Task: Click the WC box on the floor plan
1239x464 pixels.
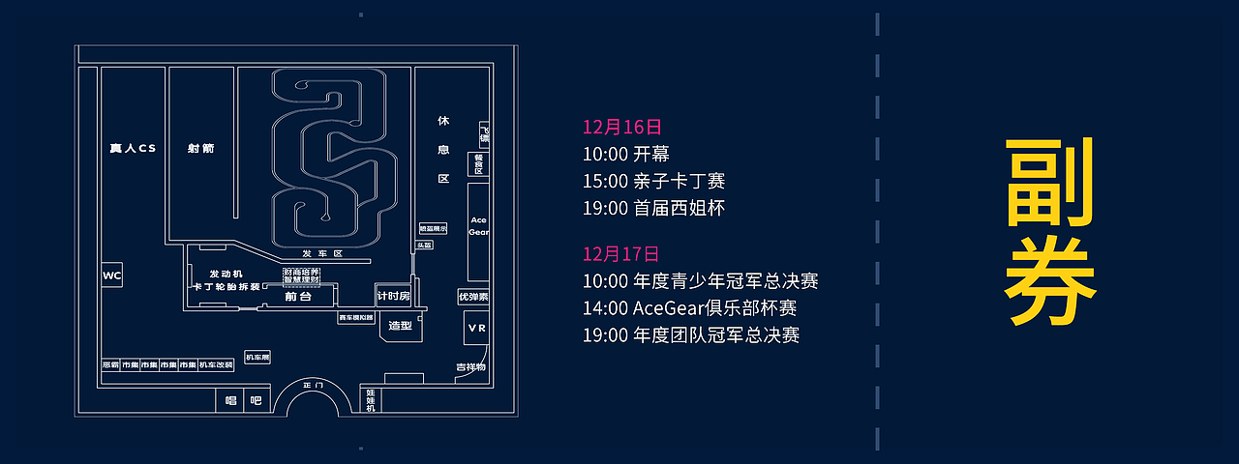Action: pos(112,276)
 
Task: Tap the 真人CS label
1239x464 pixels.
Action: pos(133,149)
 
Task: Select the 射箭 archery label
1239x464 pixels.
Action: pos(201,149)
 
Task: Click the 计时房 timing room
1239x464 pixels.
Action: pos(393,295)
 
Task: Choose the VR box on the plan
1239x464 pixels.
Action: pos(476,329)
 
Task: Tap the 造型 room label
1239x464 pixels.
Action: pos(400,326)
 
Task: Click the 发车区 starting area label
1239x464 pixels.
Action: pos(322,253)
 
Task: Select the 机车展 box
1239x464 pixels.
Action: pos(257,358)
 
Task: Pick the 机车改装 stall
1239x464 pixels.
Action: pos(217,365)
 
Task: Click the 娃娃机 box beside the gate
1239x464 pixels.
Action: pos(371,400)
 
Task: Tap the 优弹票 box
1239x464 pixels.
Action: pos(473,297)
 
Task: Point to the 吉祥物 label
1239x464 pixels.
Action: pos(471,367)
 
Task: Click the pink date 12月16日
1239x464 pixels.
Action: pos(622,127)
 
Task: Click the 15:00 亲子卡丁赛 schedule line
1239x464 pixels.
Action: pos(653,181)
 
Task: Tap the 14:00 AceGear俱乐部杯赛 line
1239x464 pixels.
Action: pos(689,308)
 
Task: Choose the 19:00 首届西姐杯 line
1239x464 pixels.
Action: pos(653,208)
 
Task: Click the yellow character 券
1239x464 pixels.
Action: pos(1050,281)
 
